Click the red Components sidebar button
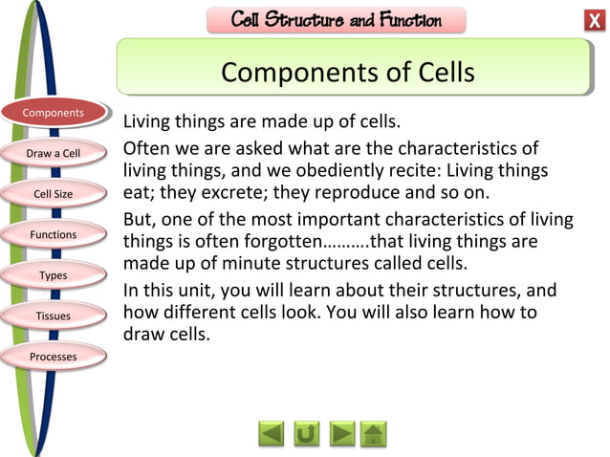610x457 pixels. pos(54,113)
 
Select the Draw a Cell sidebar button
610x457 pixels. pos(54,153)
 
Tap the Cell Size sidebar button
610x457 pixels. pos(54,194)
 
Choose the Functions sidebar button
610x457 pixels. pos(54,234)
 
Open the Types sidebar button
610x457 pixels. pos(54,275)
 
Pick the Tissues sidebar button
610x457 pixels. pos(54,316)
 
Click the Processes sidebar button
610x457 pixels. pos(54,357)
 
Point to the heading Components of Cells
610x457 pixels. pos(347,72)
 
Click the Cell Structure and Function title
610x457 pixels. pos(337,20)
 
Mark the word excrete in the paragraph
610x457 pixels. pos(204,191)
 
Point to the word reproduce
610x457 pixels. pos(315,191)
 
